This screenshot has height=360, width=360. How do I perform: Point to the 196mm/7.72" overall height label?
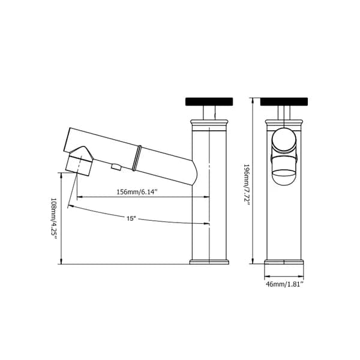coord(246,185)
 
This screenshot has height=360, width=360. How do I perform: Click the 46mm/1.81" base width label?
coord(284,284)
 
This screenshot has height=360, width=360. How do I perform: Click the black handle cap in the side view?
coord(209,101)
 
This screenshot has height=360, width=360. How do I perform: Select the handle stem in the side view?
coord(209,113)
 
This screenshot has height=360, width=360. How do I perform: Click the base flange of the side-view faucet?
coord(209,262)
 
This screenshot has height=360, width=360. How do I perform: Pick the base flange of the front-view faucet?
coord(284,262)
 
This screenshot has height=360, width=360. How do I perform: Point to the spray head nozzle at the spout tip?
coord(79,164)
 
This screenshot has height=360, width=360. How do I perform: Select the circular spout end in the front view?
coord(284,140)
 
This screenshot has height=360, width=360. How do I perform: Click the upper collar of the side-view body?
coord(209,123)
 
